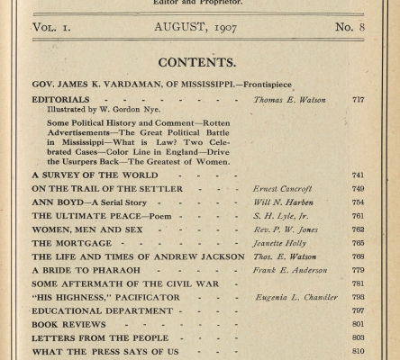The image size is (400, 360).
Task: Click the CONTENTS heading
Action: [x=199, y=63]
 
